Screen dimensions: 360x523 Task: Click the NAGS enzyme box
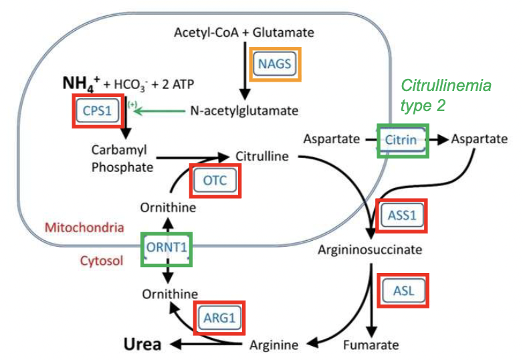tap(276, 65)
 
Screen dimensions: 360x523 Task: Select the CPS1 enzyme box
tap(97, 110)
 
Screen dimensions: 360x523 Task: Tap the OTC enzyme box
tap(216, 179)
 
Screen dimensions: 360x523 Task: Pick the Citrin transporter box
tap(402, 140)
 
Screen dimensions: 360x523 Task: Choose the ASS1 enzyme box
tap(401, 215)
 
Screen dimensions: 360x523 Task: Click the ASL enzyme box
tap(403, 291)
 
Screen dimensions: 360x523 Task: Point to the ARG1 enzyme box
tap(220, 318)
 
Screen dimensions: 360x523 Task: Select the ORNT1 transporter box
tap(167, 249)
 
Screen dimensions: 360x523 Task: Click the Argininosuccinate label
tap(370, 250)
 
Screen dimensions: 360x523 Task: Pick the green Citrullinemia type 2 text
tap(444, 95)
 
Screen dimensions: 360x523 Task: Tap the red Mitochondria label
tap(84, 228)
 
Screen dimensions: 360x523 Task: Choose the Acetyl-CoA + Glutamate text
tap(243, 32)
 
